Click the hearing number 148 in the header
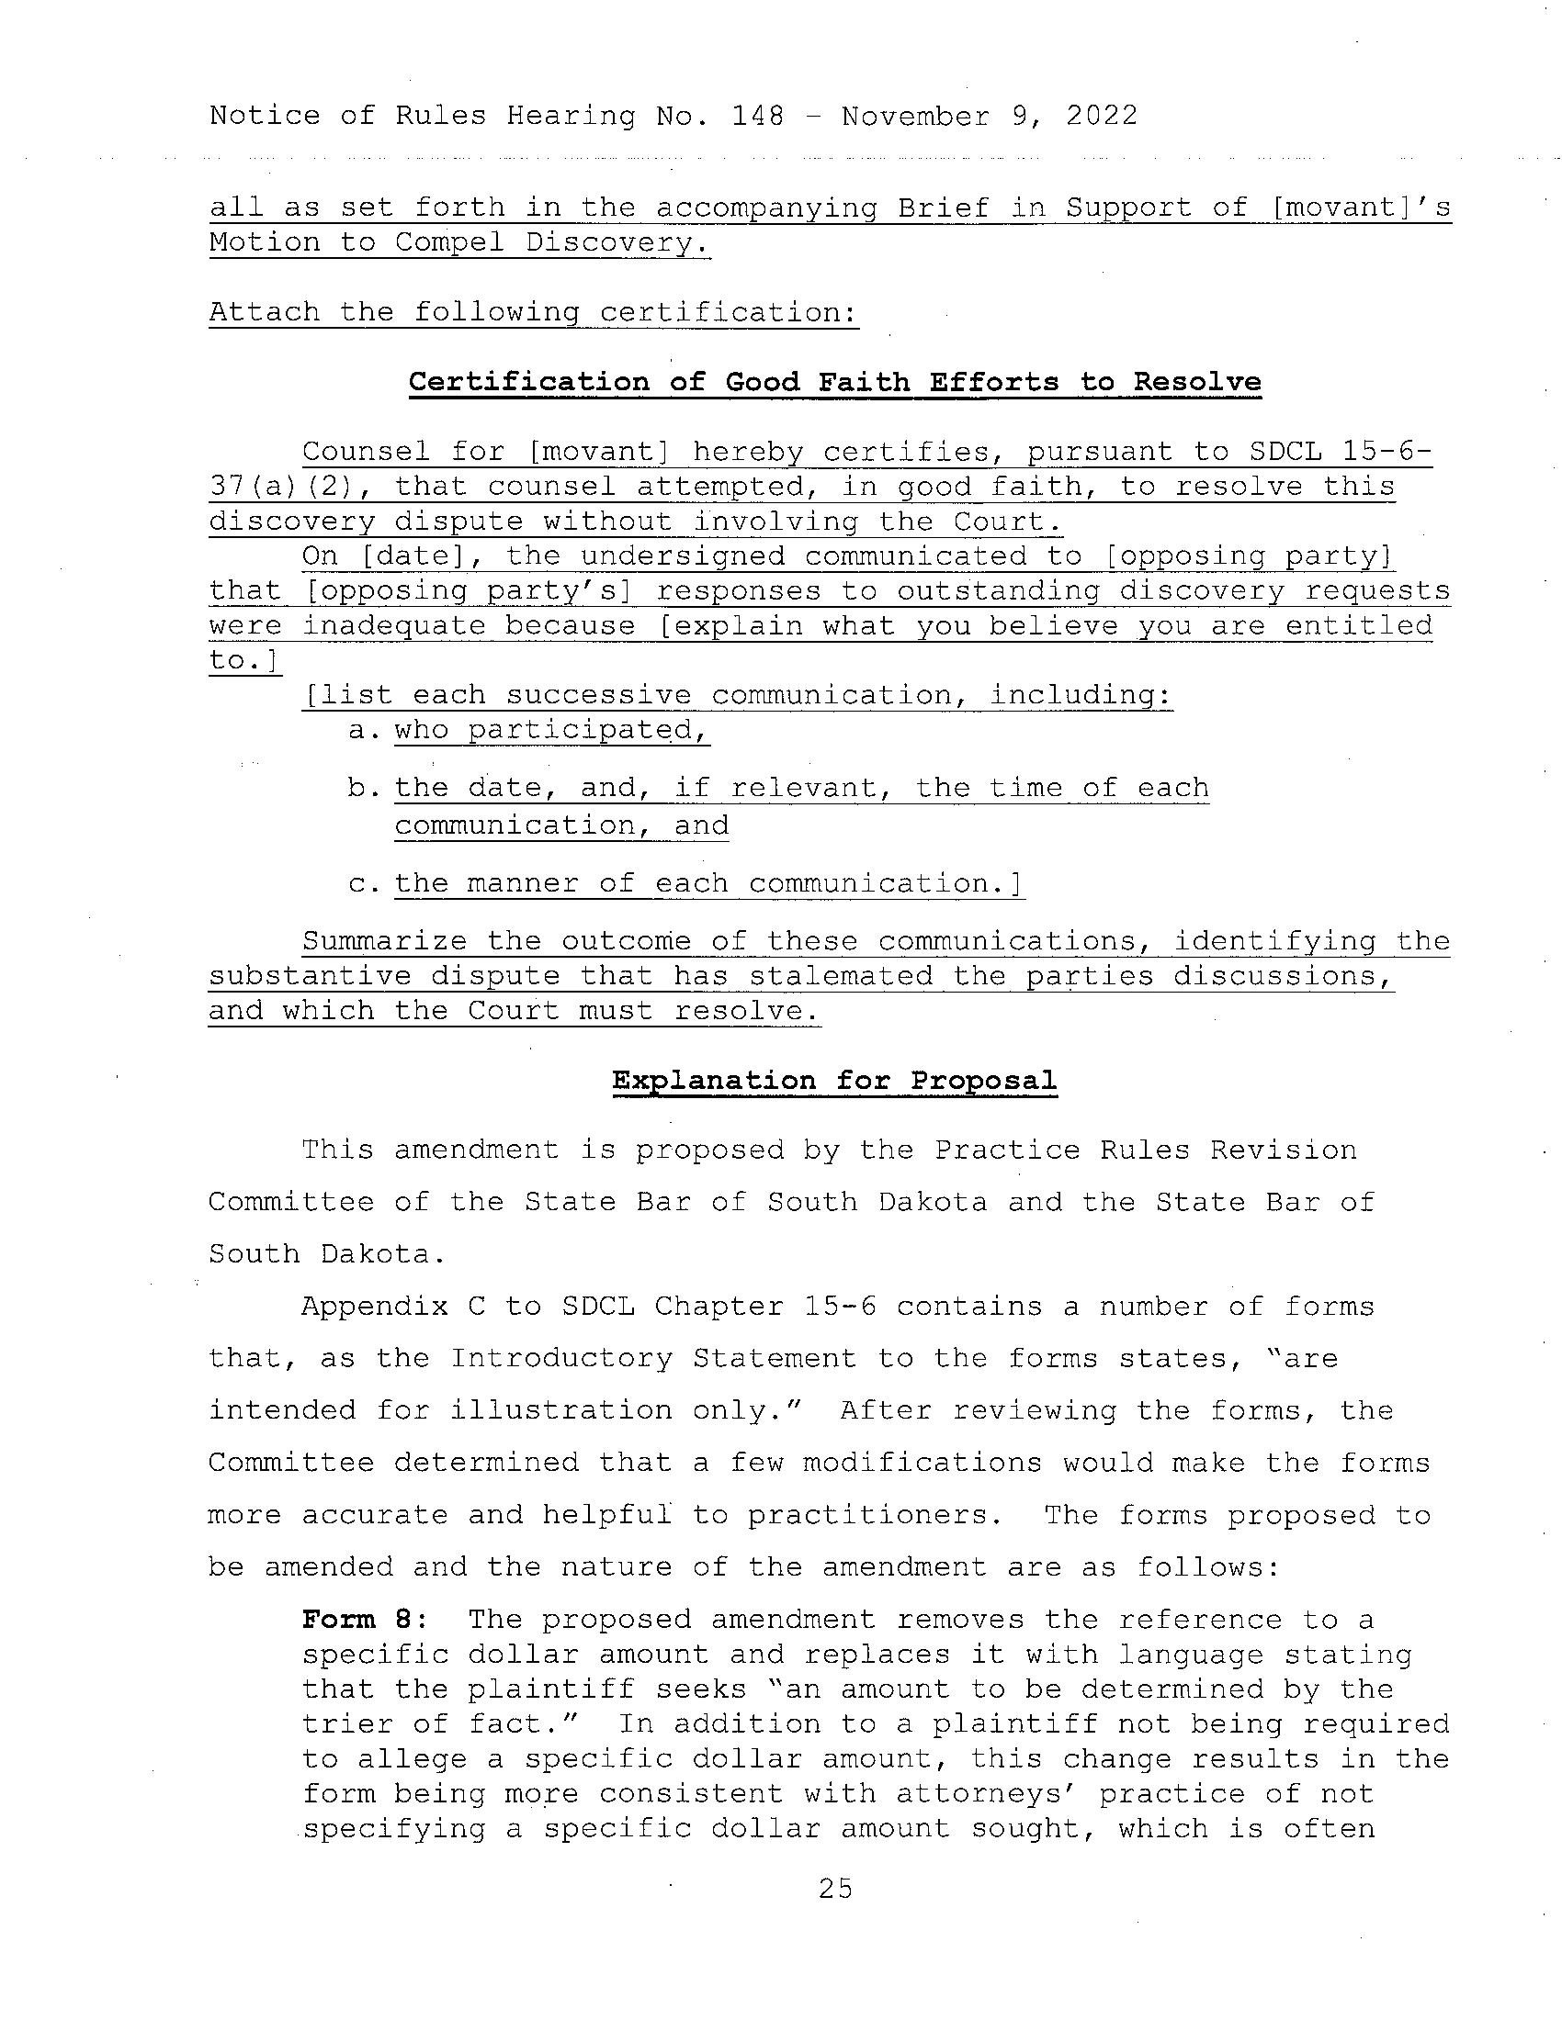point(757,117)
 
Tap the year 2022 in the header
point(1101,117)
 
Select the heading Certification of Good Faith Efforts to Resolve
point(834,382)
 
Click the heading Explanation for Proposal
point(833,1081)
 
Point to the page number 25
point(834,1889)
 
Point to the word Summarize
point(384,941)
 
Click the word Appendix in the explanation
point(374,1307)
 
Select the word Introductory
point(560,1359)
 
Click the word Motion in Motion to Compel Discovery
point(264,242)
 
